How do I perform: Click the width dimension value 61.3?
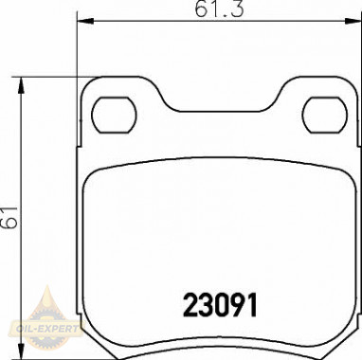[x=217, y=10]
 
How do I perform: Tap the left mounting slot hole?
[x=113, y=114]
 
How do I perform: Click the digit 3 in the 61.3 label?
[x=233, y=10]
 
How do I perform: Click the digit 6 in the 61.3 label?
[x=201, y=10]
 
